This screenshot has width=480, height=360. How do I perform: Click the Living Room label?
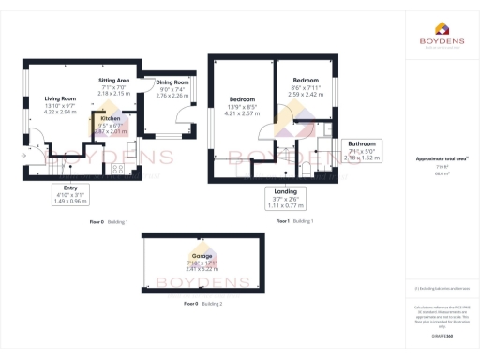60,97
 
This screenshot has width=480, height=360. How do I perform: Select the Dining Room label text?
172,82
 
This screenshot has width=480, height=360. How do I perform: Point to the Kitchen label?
111,119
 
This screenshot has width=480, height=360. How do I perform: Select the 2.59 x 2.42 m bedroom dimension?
307,94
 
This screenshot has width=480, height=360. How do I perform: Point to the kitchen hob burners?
117,169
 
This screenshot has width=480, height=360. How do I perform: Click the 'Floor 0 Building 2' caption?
202,305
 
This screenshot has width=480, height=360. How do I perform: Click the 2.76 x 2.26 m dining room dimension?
172,95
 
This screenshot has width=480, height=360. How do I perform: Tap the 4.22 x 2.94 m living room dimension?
60,111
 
